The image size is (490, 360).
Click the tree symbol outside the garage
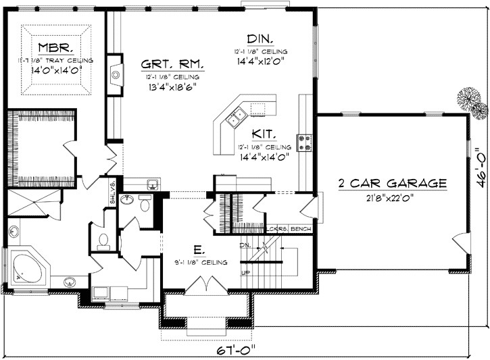pyautogui.click(x=471, y=101)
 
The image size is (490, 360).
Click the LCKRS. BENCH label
pyautogui.click(x=289, y=230)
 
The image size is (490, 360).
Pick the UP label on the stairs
pyautogui.click(x=244, y=274)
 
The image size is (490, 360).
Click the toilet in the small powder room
pyautogui.click(x=103, y=240)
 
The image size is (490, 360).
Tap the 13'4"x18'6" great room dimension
pyautogui.click(x=172, y=86)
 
